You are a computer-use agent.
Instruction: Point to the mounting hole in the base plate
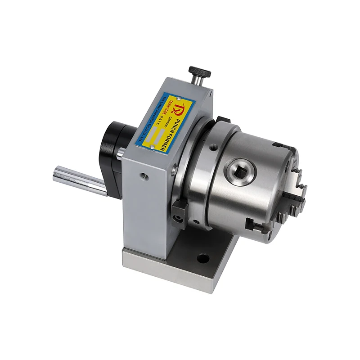(x=203, y=259)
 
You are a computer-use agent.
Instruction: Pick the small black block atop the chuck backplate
(x=221, y=120)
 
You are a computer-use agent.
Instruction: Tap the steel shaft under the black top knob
(x=197, y=80)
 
